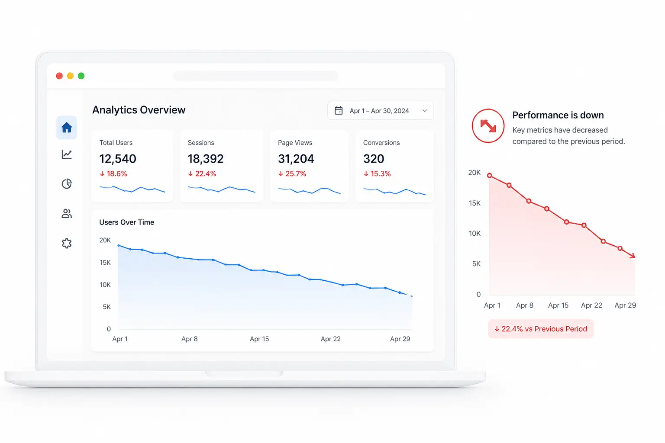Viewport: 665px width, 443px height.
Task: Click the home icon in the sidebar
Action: click(x=67, y=128)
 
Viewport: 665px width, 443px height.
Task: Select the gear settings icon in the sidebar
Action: click(x=67, y=243)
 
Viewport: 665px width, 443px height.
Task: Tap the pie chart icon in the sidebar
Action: click(x=67, y=184)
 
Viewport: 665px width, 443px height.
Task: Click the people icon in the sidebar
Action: click(x=67, y=214)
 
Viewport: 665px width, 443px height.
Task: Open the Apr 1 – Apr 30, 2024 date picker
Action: click(x=380, y=111)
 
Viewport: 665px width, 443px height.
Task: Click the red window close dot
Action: click(x=59, y=76)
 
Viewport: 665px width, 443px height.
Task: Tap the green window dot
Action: click(x=81, y=76)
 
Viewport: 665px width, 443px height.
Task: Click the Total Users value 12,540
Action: click(x=118, y=159)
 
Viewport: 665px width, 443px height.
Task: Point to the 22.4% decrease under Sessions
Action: click(x=202, y=173)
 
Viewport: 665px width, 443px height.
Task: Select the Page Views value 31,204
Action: click(x=296, y=159)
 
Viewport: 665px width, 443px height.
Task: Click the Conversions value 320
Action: click(x=374, y=159)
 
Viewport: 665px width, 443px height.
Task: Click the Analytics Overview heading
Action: click(x=139, y=110)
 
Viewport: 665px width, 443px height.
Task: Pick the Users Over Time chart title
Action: click(x=127, y=222)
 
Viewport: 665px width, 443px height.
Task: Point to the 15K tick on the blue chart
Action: click(x=105, y=263)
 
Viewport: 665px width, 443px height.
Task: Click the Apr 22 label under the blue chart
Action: click(x=330, y=339)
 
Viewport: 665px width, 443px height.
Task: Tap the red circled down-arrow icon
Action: click(x=488, y=126)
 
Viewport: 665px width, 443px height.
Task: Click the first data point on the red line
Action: click(x=490, y=176)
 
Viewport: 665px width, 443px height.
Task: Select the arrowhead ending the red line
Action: click(x=633, y=255)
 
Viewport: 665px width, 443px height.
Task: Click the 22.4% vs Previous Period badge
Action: click(x=541, y=329)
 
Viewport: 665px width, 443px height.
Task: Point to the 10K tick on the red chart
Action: click(x=475, y=234)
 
